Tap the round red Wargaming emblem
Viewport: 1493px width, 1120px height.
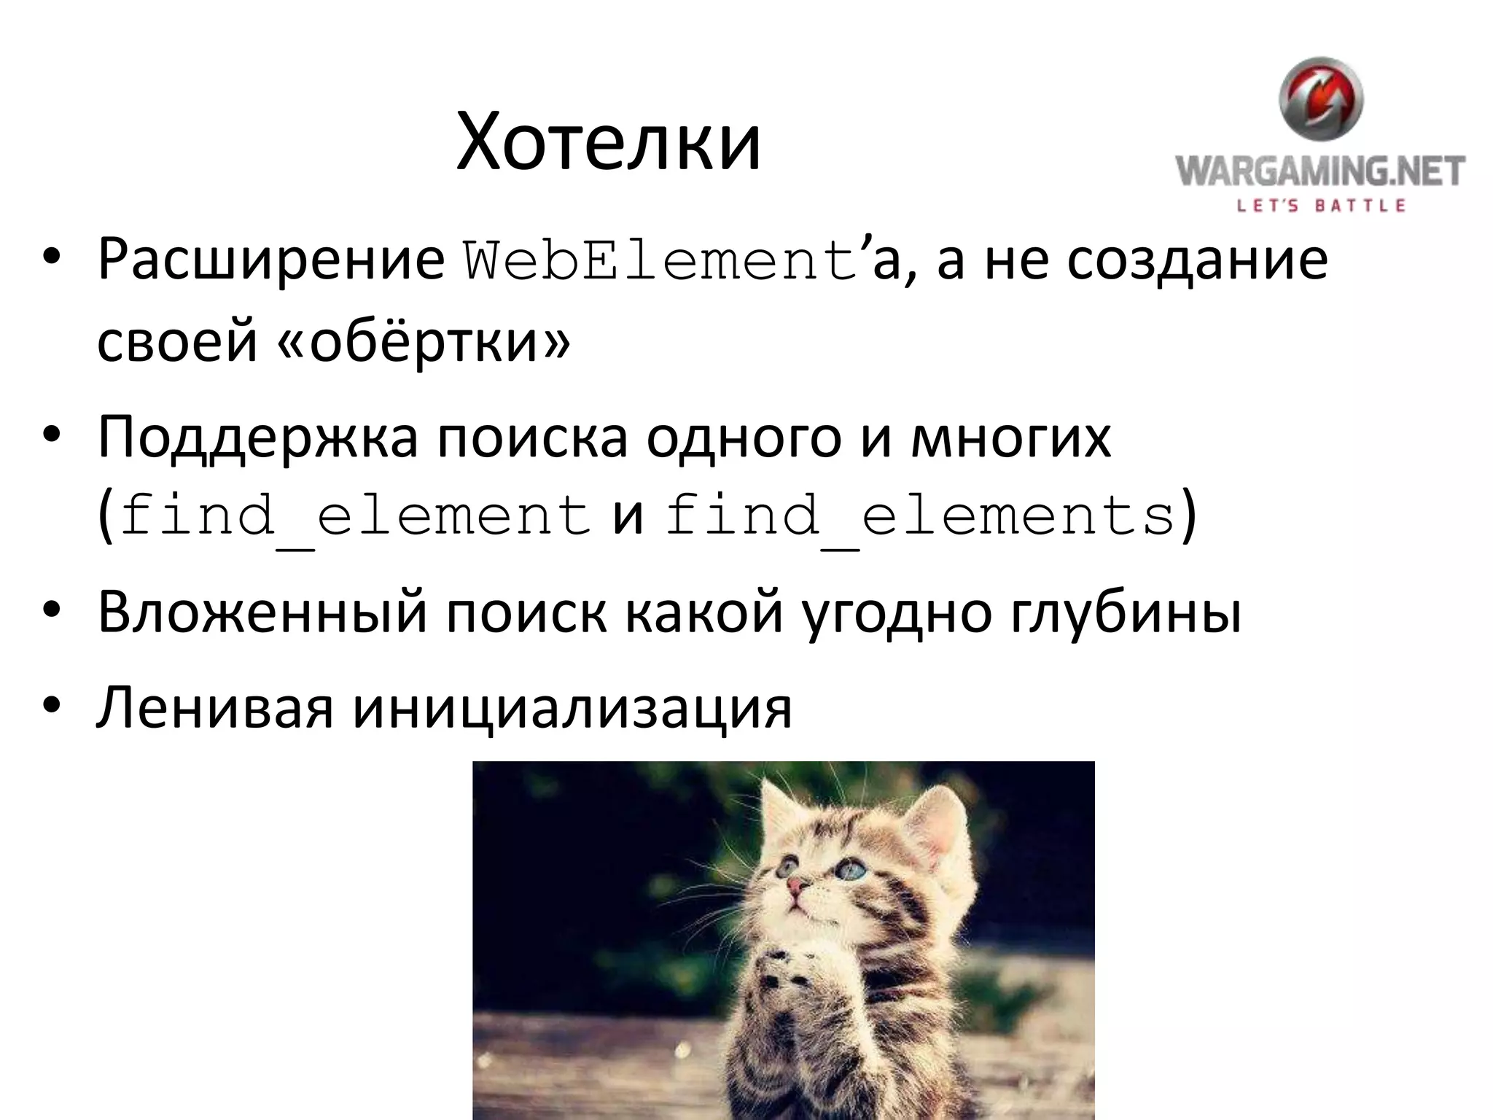(x=1320, y=100)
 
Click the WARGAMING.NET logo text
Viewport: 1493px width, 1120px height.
(x=1320, y=172)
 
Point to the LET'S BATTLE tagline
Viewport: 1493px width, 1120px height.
(x=1320, y=206)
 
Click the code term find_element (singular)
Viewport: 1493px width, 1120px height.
(x=355, y=516)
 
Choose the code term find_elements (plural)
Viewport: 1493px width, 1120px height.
(x=920, y=516)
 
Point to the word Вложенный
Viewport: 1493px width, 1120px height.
(x=262, y=612)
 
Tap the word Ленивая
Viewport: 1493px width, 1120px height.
(x=215, y=707)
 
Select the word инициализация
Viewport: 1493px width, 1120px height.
(x=572, y=707)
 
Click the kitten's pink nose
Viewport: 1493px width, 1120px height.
(x=798, y=886)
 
